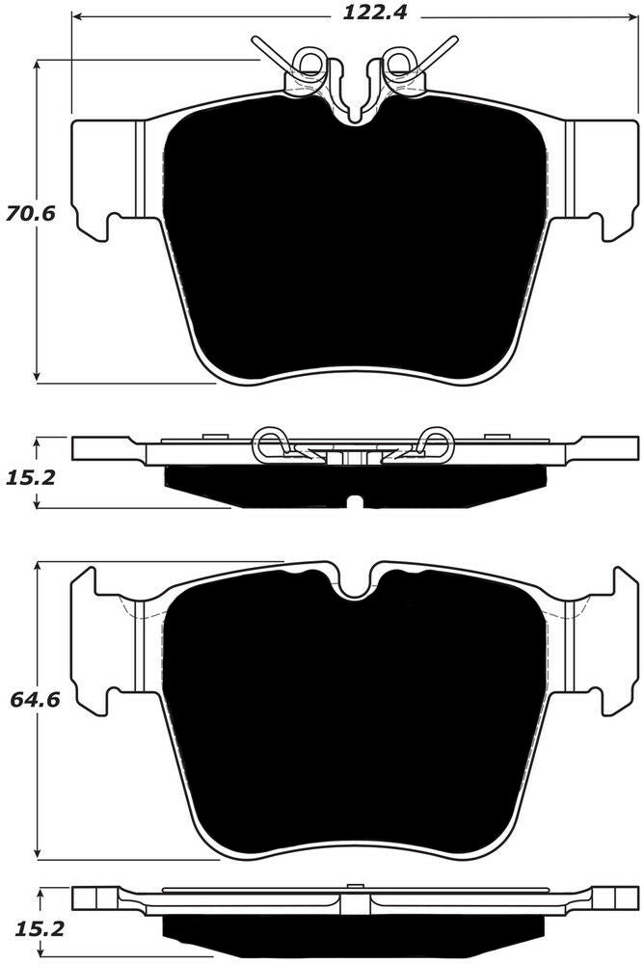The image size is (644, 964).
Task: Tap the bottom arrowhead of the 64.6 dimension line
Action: (x=37, y=856)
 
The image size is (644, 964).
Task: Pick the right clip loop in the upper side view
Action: (x=436, y=443)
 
